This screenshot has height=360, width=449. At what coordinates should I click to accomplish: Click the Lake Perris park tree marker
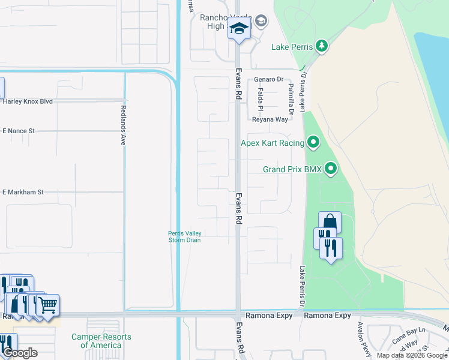coord(322,46)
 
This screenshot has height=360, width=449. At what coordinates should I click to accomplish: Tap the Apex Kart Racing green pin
coord(312,143)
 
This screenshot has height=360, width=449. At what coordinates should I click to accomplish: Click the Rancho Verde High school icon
coord(239,28)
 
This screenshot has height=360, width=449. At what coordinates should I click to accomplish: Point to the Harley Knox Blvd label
coord(28,101)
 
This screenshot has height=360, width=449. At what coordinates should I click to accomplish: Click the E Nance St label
coord(19,131)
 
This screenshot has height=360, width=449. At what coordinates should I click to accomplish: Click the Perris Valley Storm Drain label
coord(185,237)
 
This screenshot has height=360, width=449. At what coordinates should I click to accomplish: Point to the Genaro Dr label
coord(268,79)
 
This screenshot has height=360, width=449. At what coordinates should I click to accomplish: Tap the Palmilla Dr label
coord(291,99)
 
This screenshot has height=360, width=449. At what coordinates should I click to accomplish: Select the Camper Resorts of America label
coord(101,341)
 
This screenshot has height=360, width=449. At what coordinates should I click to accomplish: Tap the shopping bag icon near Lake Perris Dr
coord(330,221)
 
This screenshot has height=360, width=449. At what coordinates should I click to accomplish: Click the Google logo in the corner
coord(20,353)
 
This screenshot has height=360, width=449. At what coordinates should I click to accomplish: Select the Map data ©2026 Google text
coord(412,355)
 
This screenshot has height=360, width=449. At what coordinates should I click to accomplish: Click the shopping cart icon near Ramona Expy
coord(48,304)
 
